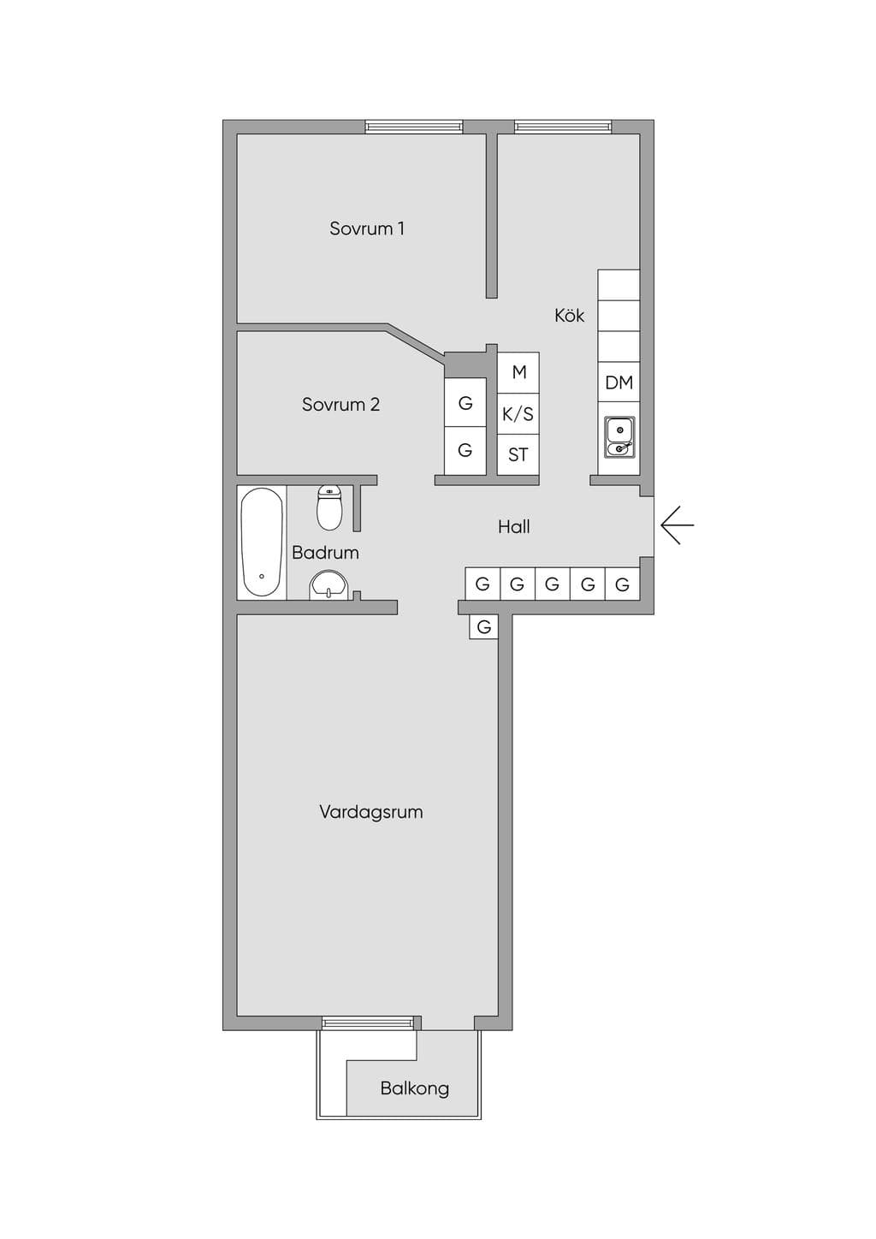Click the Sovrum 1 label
[367, 228]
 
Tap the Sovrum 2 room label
[340, 405]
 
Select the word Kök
[570, 315]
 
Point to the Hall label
[514, 526]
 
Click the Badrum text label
[325, 552]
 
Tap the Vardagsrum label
[371, 811]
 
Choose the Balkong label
[414, 1088]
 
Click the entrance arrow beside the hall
[677, 525]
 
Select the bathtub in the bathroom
[262, 542]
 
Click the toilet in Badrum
[330, 507]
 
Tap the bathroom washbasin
[328, 585]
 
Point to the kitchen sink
[619, 437]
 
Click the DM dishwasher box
[619, 382]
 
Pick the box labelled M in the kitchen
[518, 372]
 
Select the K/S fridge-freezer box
[518, 414]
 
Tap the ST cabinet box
[518, 454]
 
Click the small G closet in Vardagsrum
[484, 626]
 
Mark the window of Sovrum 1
[414, 127]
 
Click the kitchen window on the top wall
[563, 127]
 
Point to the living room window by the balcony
[368, 1023]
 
